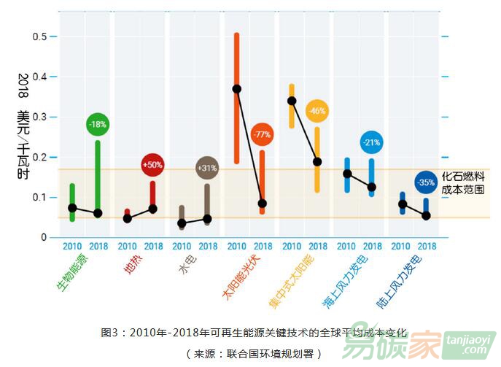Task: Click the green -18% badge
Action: tap(98, 125)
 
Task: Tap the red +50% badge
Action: tap(152, 165)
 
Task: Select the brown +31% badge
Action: tap(207, 169)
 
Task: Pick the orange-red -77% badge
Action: tap(262, 134)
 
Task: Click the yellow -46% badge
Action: tap(317, 111)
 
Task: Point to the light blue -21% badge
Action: tap(371, 142)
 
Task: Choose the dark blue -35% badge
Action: tap(426, 182)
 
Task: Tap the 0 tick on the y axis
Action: tap(44, 238)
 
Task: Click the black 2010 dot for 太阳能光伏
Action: tap(237, 89)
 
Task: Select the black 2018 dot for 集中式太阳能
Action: tap(317, 161)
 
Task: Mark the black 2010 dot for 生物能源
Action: tap(72, 208)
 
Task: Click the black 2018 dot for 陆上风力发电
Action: tap(427, 215)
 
